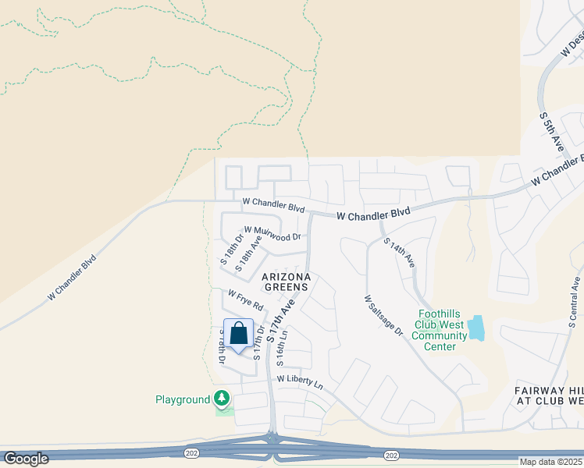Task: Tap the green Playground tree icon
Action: click(x=223, y=399)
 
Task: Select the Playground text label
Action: click(x=183, y=400)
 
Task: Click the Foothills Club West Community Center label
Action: click(x=440, y=330)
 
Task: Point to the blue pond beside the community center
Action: click(x=476, y=328)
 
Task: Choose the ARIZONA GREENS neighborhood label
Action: click(x=286, y=282)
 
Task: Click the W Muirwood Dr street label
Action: click(x=272, y=233)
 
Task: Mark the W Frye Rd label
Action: click(x=246, y=300)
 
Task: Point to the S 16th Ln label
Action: click(x=284, y=348)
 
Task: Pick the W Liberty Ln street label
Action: click(x=300, y=381)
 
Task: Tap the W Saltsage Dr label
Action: click(x=383, y=315)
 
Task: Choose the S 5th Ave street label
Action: click(x=552, y=131)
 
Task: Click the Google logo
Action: click(x=26, y=459)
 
